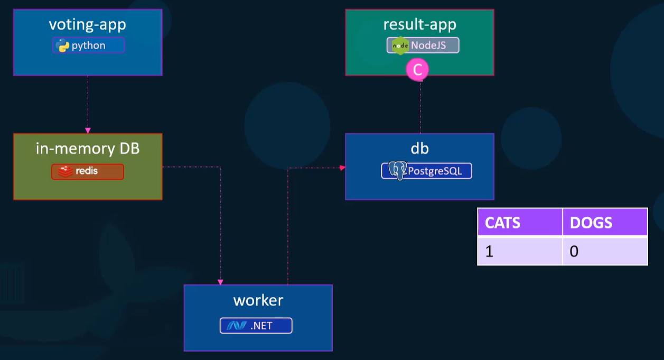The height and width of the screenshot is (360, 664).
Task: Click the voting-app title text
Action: [x=88, y=25]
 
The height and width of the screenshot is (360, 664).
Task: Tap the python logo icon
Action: [x=62, y=45]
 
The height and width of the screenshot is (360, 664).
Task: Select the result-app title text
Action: [x=420, y=25]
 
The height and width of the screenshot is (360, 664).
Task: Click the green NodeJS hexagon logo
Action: [x=400, y=45]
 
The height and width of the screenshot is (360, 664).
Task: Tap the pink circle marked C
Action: [x=417, y=70]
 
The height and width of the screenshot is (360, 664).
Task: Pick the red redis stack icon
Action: [x=65, y=171]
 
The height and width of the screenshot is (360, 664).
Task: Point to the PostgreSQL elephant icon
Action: [x=398, y=171]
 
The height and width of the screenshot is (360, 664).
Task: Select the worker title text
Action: [x=258, y=300]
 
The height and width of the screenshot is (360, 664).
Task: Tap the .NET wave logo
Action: [x=236, y=326]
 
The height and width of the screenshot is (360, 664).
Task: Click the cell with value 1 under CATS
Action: [x=520, y=251]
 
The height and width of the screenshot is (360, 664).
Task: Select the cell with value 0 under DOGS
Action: [x=605, y=251]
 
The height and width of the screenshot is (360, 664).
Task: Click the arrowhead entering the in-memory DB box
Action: [x=88, y=131]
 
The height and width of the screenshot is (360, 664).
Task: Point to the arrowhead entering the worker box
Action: [x=220, y=282]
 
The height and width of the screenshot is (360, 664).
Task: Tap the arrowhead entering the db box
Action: [x=342, y=168]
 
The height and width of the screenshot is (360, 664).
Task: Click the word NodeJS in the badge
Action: [x=428, y=45]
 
